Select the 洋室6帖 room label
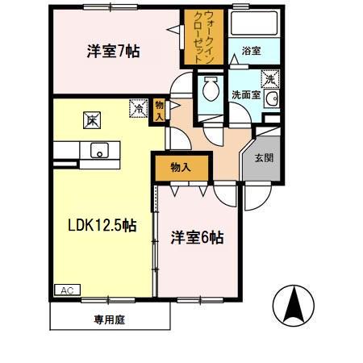(196, 238)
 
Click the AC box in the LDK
(64, 289)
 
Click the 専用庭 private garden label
(109, 319)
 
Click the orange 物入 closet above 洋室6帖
(181, 168)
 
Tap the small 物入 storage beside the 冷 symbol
(159, 109)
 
